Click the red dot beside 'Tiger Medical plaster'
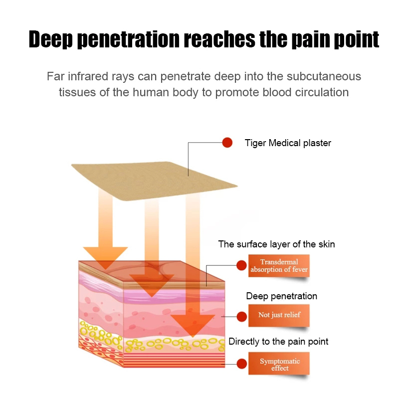227,143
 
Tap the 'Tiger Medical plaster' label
288,143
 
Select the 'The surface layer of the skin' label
276,244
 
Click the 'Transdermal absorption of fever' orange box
279,266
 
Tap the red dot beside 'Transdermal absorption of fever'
241,266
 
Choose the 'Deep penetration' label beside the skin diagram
281,296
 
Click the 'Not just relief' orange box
279,315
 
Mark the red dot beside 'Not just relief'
241,316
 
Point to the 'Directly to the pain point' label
278,342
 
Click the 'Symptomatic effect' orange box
279,365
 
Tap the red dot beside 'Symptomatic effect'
241,365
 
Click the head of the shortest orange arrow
105,256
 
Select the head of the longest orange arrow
193,325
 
